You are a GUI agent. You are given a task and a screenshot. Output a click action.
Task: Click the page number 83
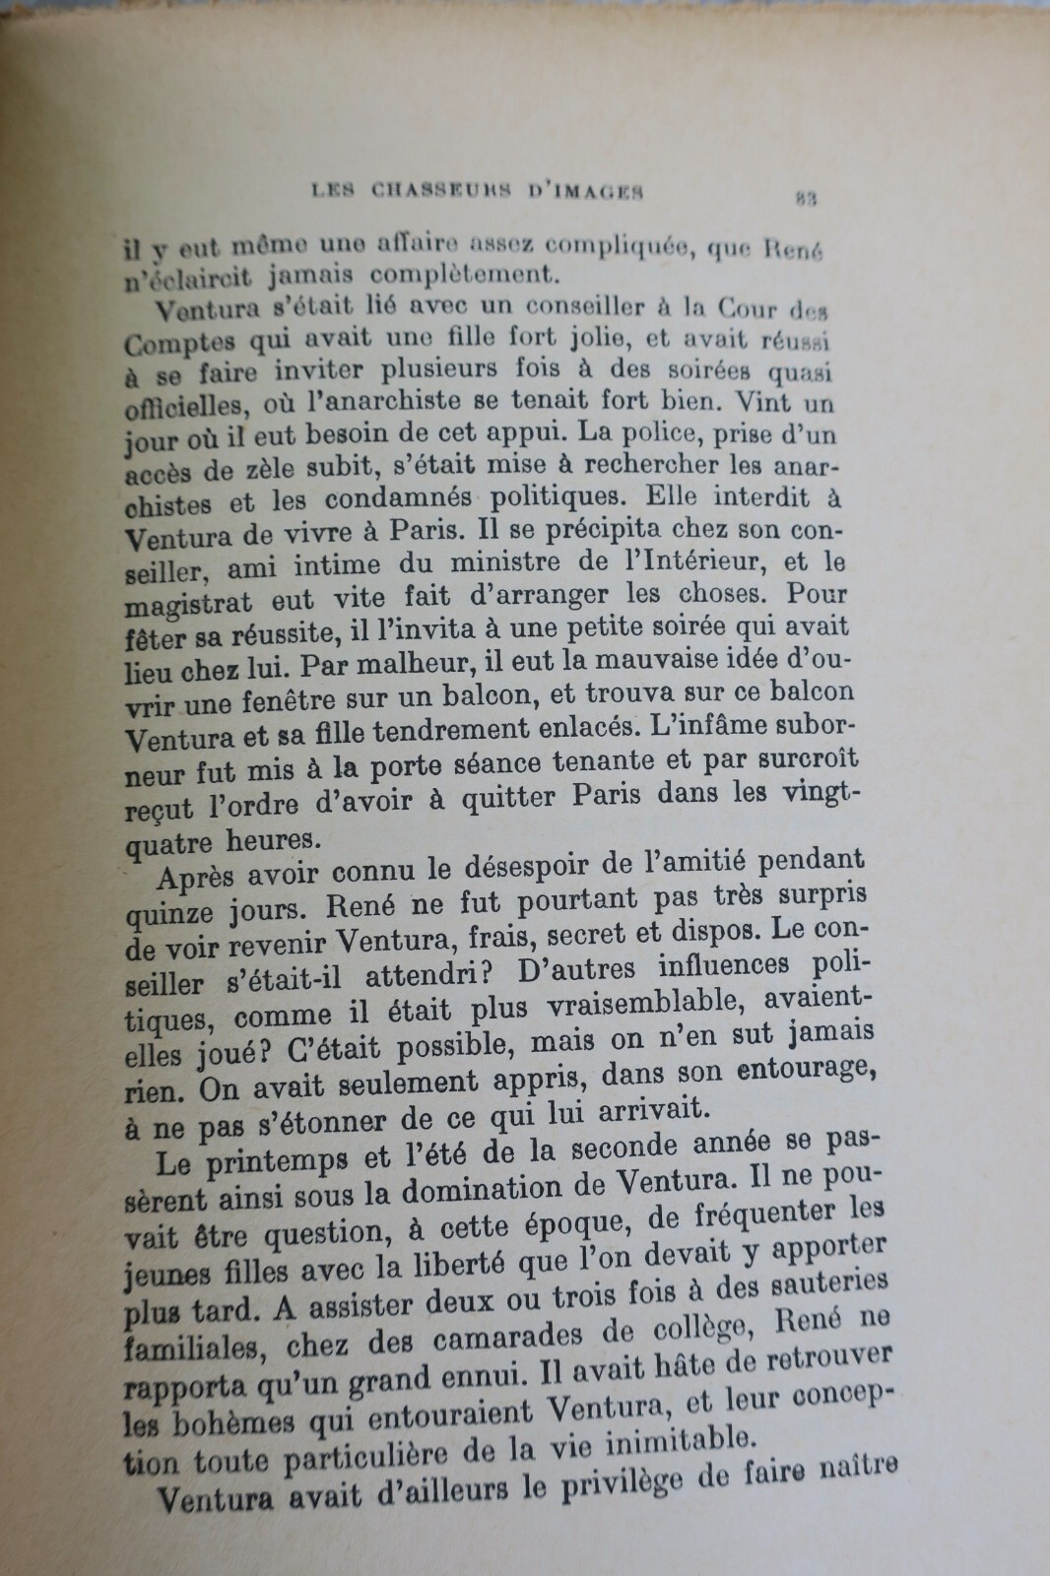point(805,197)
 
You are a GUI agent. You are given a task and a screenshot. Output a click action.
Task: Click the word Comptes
point(180,342)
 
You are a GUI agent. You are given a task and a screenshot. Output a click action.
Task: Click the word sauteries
point(825,1287)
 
